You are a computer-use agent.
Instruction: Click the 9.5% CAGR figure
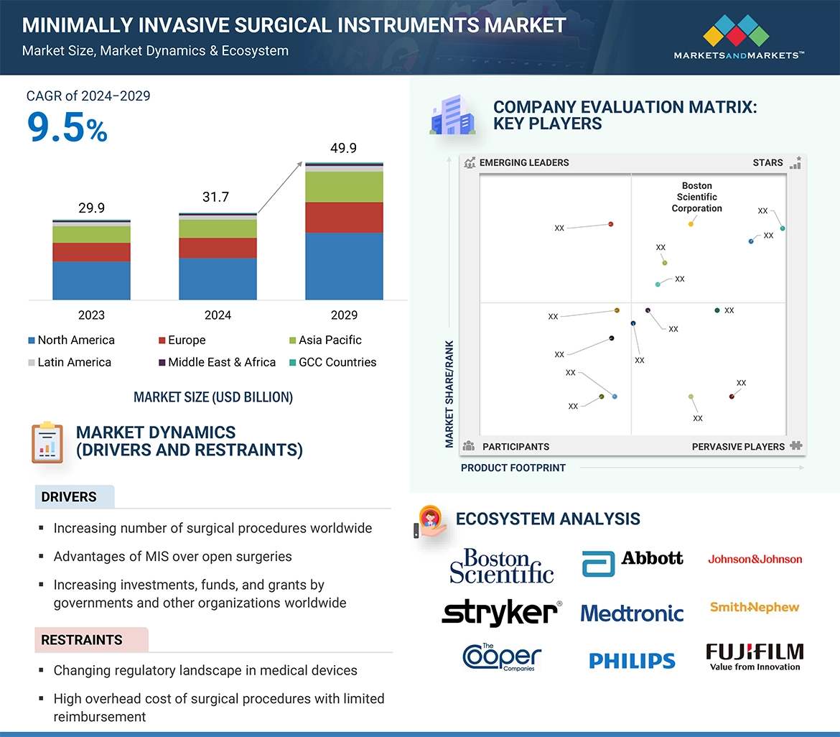[x=67, y=128]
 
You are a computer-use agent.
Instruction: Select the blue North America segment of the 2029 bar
[x=344, y=266]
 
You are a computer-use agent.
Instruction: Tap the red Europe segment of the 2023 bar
[x=91, y=252]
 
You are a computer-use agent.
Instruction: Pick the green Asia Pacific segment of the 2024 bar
[x=218, y=228]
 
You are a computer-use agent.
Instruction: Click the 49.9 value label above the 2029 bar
[x=343, y=148]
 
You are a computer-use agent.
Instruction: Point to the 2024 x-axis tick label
[x=218, y=315]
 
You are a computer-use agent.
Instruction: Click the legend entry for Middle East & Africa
[x=221, y=362]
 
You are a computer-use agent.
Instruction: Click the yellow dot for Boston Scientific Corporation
[x=691, y=224]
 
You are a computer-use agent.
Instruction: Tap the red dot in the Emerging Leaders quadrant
[x=611, y=224]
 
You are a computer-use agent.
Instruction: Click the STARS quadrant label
[x=767, y=162]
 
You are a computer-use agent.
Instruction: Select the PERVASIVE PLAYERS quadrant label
[x=738, y=446]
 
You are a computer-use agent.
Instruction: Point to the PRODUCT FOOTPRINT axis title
[x=513, y=468]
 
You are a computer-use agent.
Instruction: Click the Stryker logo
[x=501, y=613]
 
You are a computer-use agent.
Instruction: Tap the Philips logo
[x=632, y=660]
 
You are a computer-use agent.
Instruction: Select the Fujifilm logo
[x=755, y=656]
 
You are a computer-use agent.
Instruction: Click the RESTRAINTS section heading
[x=82, y=639]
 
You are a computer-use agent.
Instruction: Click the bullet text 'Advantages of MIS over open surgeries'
[x=172, y=556]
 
